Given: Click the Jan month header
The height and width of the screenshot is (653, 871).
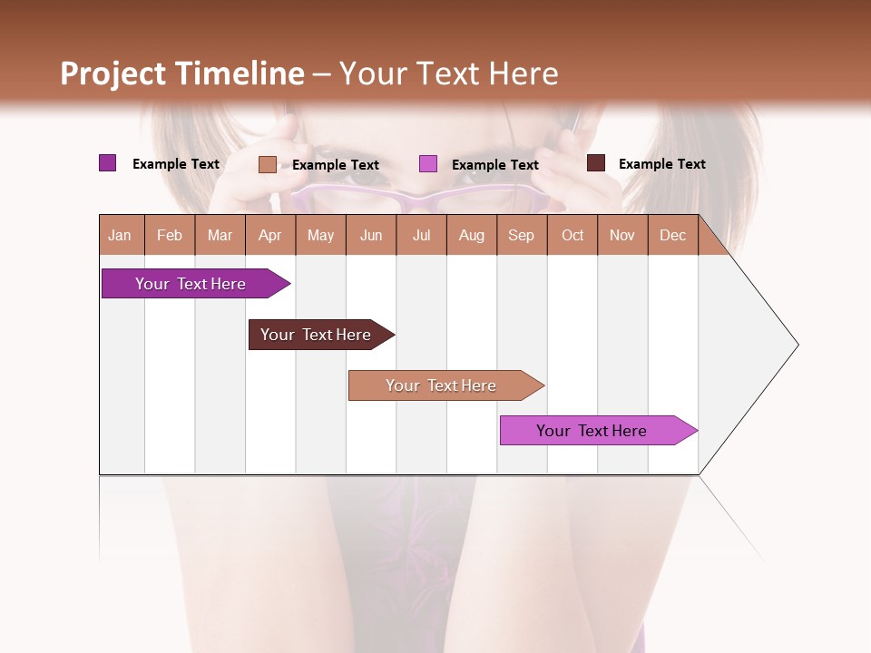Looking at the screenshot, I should pyautogui.click(x=121, y=235).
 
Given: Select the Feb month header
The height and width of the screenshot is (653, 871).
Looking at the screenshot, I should pyautogui.click(x=170, y=235).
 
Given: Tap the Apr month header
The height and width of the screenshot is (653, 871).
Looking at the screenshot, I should pyautogui.click(x=269, y=235).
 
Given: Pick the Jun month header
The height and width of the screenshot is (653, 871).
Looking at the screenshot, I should pyautogui.click(x=371, y=235).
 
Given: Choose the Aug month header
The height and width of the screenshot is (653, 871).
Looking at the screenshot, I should pyautogui.click(x=471, y=235).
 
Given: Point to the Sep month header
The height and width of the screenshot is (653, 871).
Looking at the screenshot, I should pyautogui.click(x=521, y=235).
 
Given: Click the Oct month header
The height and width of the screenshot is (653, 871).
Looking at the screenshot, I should pyautogui.click(x=573, y=235).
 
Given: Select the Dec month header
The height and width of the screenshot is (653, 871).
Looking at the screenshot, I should pyautogui.click(x=672, y=235).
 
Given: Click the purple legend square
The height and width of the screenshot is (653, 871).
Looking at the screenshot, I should pyautogui.click(x=108, y=163).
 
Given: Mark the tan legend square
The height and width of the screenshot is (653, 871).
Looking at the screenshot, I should pyautogui.click(x=268, y=164).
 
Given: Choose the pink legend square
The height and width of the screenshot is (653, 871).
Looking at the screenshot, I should pyautogui.click(x=428, y=164).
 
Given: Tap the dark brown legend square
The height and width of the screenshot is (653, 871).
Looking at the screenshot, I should pyautogui.click(x=596, y=163).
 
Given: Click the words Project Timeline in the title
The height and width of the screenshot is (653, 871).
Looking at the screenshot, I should pyautogui.click(x=182, y=73).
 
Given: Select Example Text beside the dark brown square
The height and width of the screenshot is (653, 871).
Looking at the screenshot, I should pyautogui.click(x=661, y=164).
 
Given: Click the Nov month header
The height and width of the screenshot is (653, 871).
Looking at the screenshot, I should pyautogui.click(x=622, y=235).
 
